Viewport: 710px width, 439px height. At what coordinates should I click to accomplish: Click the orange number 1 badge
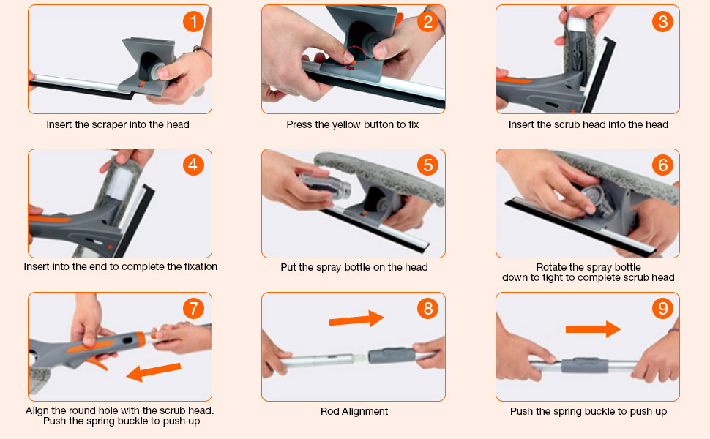pos(193,22)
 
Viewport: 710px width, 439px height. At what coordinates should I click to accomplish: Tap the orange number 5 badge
pos(427,165)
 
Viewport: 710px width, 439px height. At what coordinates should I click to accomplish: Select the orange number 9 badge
pos(662,309)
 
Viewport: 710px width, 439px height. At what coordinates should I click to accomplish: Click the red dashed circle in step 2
pos(354,58)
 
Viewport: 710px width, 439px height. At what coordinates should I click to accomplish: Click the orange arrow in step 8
pos(356,318)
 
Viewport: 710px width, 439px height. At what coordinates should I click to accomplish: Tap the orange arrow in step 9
pos(593,329)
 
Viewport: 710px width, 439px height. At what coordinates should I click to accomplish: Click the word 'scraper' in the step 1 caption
pos(111,125)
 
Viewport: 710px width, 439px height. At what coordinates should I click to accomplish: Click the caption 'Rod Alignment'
pos(354,412)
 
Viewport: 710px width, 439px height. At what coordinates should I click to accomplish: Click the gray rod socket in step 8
pos(389,354)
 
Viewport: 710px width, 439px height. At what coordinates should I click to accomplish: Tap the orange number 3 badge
pos(662,22)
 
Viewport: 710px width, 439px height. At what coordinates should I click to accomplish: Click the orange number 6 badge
pos(662,165)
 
